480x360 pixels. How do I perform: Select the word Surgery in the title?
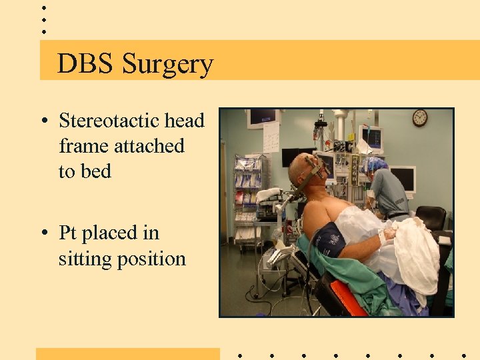coord(167,65)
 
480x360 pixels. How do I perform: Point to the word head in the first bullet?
coord(184,121)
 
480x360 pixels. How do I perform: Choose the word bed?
coord(95,171)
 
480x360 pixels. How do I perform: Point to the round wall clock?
coord(419,118)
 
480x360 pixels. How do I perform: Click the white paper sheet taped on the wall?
coord(271,137)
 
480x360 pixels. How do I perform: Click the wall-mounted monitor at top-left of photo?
coord(262,118)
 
